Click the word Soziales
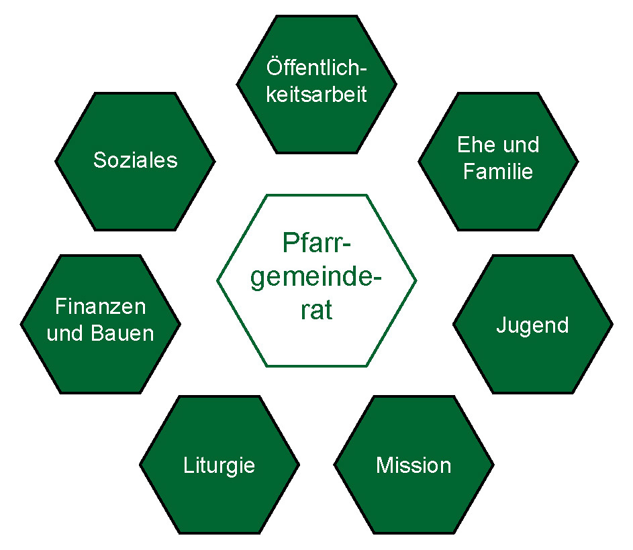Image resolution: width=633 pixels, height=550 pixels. coord(135,161)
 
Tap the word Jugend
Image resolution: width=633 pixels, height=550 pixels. coord(532,325)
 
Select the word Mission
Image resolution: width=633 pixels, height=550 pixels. coord(413,465)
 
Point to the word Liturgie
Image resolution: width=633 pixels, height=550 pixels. coord(219,465)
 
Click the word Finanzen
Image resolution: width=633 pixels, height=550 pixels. coord(101,307)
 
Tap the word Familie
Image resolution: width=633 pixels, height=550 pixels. coord(498,172)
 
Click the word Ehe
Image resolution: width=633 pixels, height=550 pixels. coord(474,145)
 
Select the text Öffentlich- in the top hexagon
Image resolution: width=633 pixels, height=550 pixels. coord(318,68)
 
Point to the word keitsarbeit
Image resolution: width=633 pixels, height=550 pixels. coord(317,95)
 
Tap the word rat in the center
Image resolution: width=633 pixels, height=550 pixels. coord(317,311)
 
